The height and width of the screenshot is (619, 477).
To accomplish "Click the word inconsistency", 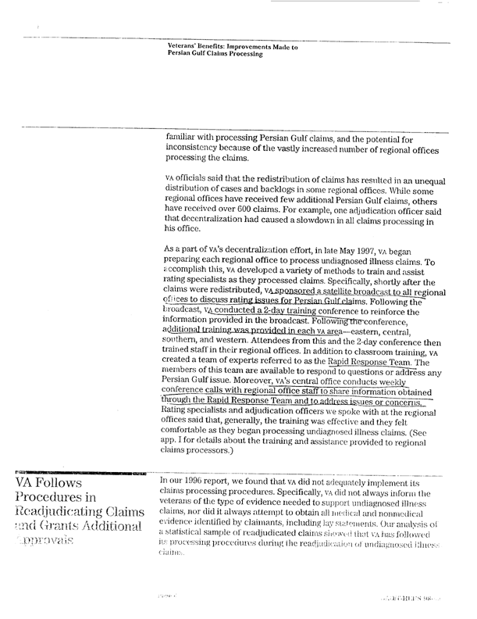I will click(x=195, y=148).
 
